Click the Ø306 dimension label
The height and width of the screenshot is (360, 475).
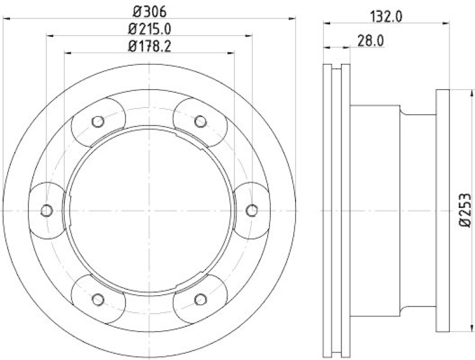(x=150, y=10)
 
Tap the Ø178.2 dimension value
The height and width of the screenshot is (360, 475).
(x=150, y=46)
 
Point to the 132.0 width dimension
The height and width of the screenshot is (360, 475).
(x=387, y=17)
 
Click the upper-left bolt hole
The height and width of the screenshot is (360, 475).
(x=98, y=122)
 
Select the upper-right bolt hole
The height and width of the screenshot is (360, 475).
(x=200, y=122)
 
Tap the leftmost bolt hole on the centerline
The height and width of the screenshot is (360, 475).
(x=47, y=210)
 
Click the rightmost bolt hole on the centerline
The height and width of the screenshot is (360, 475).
(x=251, y=210)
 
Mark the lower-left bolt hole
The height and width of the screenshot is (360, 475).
(x=98, y=299)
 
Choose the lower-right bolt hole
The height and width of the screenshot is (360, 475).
(x=200, y=299)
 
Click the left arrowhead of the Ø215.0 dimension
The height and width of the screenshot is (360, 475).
(x=50, y=36)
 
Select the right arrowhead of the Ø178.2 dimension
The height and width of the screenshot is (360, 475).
(x=232, y=53)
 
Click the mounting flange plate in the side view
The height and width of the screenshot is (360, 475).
(x=443, y=211)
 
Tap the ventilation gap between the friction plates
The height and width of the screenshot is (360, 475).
(x=337, y=211)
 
